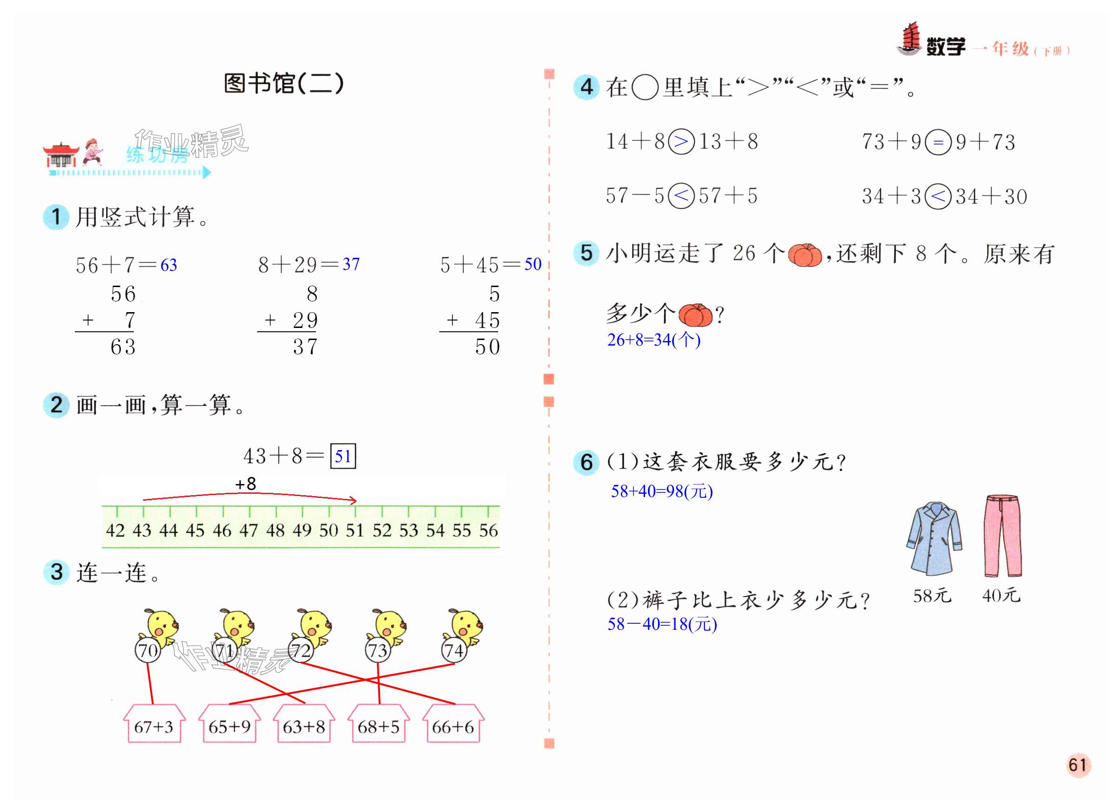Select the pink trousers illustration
coord(1002,536)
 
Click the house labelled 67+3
coord(153,725)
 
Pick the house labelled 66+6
coord(452,725)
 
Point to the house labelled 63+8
coord(304,725)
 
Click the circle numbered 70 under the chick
coord(148,650)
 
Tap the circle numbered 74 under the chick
coord(454,650)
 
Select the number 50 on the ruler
coord(329,530)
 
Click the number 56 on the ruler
coord(488,530)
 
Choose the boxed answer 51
coord(343,456)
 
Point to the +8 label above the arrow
coord(245,484)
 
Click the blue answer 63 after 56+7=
coord(168,265)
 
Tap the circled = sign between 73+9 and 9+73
coord(938,142)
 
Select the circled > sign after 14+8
coord(681,142)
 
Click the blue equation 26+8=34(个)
coord(653,340)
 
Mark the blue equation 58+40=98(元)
coord(662,491)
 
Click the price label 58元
coord(932,596)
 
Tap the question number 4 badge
coord(586,87)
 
